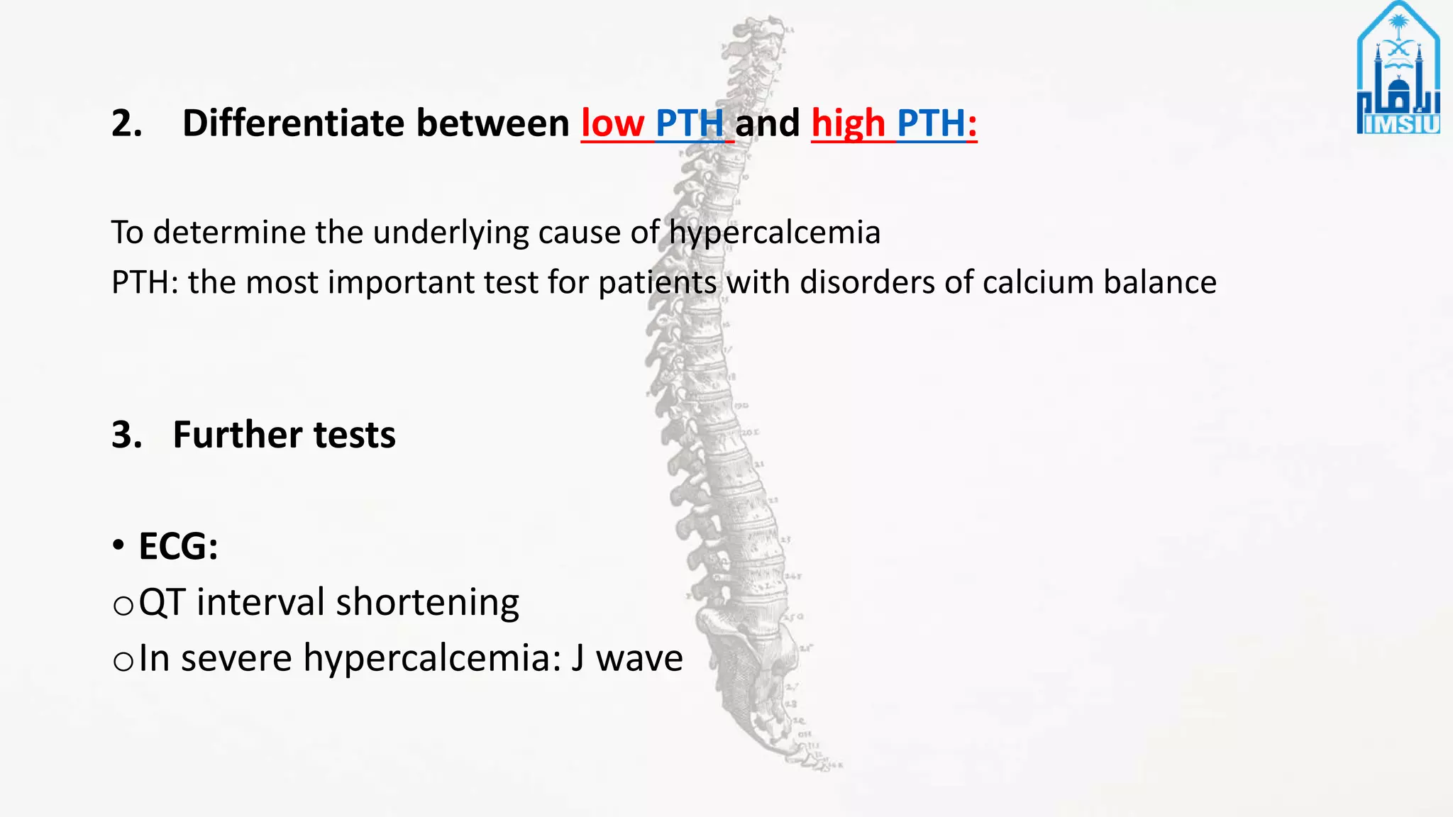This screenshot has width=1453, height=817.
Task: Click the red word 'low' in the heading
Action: click(612, 123)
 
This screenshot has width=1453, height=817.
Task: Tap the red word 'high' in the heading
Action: click(849, 123)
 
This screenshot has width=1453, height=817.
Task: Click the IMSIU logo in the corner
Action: click(1398, 70)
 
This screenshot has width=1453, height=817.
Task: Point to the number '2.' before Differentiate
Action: click(127, 123)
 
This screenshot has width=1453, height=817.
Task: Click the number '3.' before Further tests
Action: click(127, 435)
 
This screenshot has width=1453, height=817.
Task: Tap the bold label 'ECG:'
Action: click(178, 547)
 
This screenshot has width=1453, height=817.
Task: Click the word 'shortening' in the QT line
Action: click(427, 603)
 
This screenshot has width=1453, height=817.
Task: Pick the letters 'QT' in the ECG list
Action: click(162, 603)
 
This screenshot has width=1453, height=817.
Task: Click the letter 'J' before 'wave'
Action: click(578, 658)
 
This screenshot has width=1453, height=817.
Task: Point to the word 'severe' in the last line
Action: click(236, 658)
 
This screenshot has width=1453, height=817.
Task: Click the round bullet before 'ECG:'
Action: click(118, 546)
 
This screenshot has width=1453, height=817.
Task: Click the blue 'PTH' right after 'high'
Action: click(931, 123)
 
